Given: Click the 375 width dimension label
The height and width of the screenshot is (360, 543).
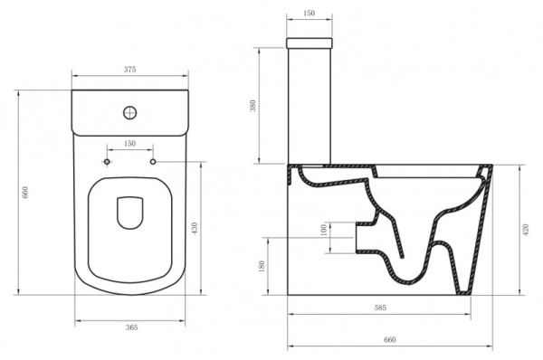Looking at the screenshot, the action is tap(129, 70).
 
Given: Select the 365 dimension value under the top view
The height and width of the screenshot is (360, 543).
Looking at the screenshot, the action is tap(131, 327).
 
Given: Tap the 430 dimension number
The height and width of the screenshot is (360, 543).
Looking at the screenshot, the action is tap(195, 228).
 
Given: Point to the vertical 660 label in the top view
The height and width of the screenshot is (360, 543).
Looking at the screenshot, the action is tap(25, 192).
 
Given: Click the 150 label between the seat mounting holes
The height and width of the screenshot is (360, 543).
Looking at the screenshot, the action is tap(129, 143).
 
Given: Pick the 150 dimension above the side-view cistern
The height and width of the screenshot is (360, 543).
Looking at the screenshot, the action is tap(309, 14).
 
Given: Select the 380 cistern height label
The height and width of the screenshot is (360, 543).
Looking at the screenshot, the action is tap(252, 106).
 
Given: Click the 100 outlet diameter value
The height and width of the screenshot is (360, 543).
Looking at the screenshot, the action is tap(324, 230).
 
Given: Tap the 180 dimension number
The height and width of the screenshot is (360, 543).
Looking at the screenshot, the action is tap(262, 266).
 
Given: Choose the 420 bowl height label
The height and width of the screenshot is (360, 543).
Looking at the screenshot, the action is tap(526, 230).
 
